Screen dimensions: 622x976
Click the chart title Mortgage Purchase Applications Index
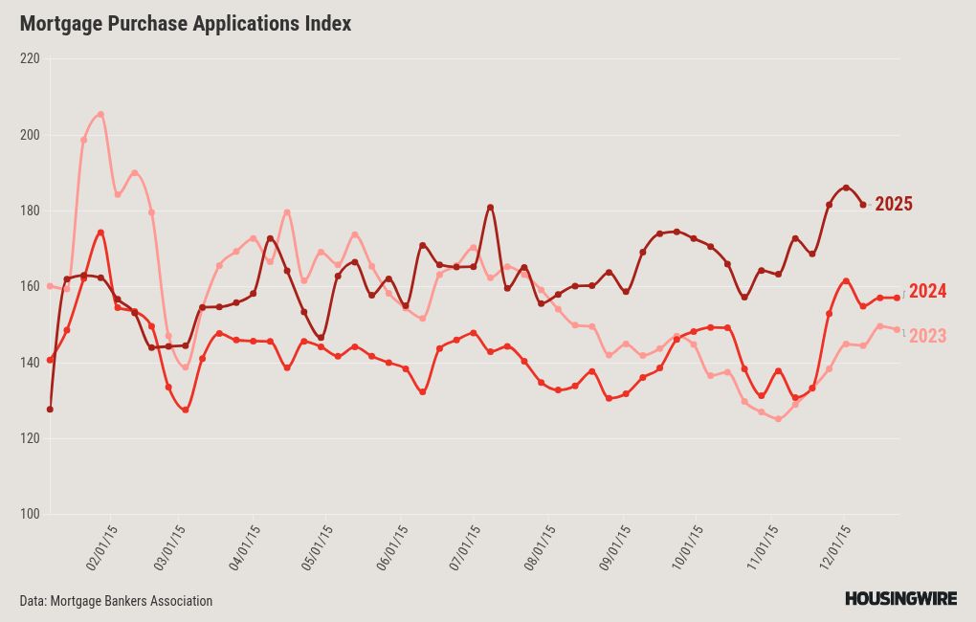point(186,24)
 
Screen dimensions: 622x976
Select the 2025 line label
point(893,204)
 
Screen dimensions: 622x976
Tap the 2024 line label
point(927,292)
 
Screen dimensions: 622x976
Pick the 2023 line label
point(927,336)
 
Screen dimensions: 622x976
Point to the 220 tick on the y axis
point(30,58)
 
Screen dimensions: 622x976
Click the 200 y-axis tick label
point(30,135)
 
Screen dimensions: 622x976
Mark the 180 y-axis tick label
point(30,211)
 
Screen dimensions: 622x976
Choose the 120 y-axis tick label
point(30,438)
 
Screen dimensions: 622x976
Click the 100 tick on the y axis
point(30,515)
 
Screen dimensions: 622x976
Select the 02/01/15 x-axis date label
point(101,547)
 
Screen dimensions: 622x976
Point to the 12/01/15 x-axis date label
point(836,547)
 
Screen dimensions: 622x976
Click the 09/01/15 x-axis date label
point(613,547)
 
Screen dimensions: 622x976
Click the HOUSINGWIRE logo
point(900,599)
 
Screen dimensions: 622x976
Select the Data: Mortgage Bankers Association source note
point(116,601)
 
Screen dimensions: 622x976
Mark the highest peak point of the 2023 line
point(100,114)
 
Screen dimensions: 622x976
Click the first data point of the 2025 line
point(50,410)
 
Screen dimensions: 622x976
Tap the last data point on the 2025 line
point(863,205)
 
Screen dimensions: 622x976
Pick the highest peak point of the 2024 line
point(100,233)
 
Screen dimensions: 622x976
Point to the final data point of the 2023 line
point(897,329)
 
